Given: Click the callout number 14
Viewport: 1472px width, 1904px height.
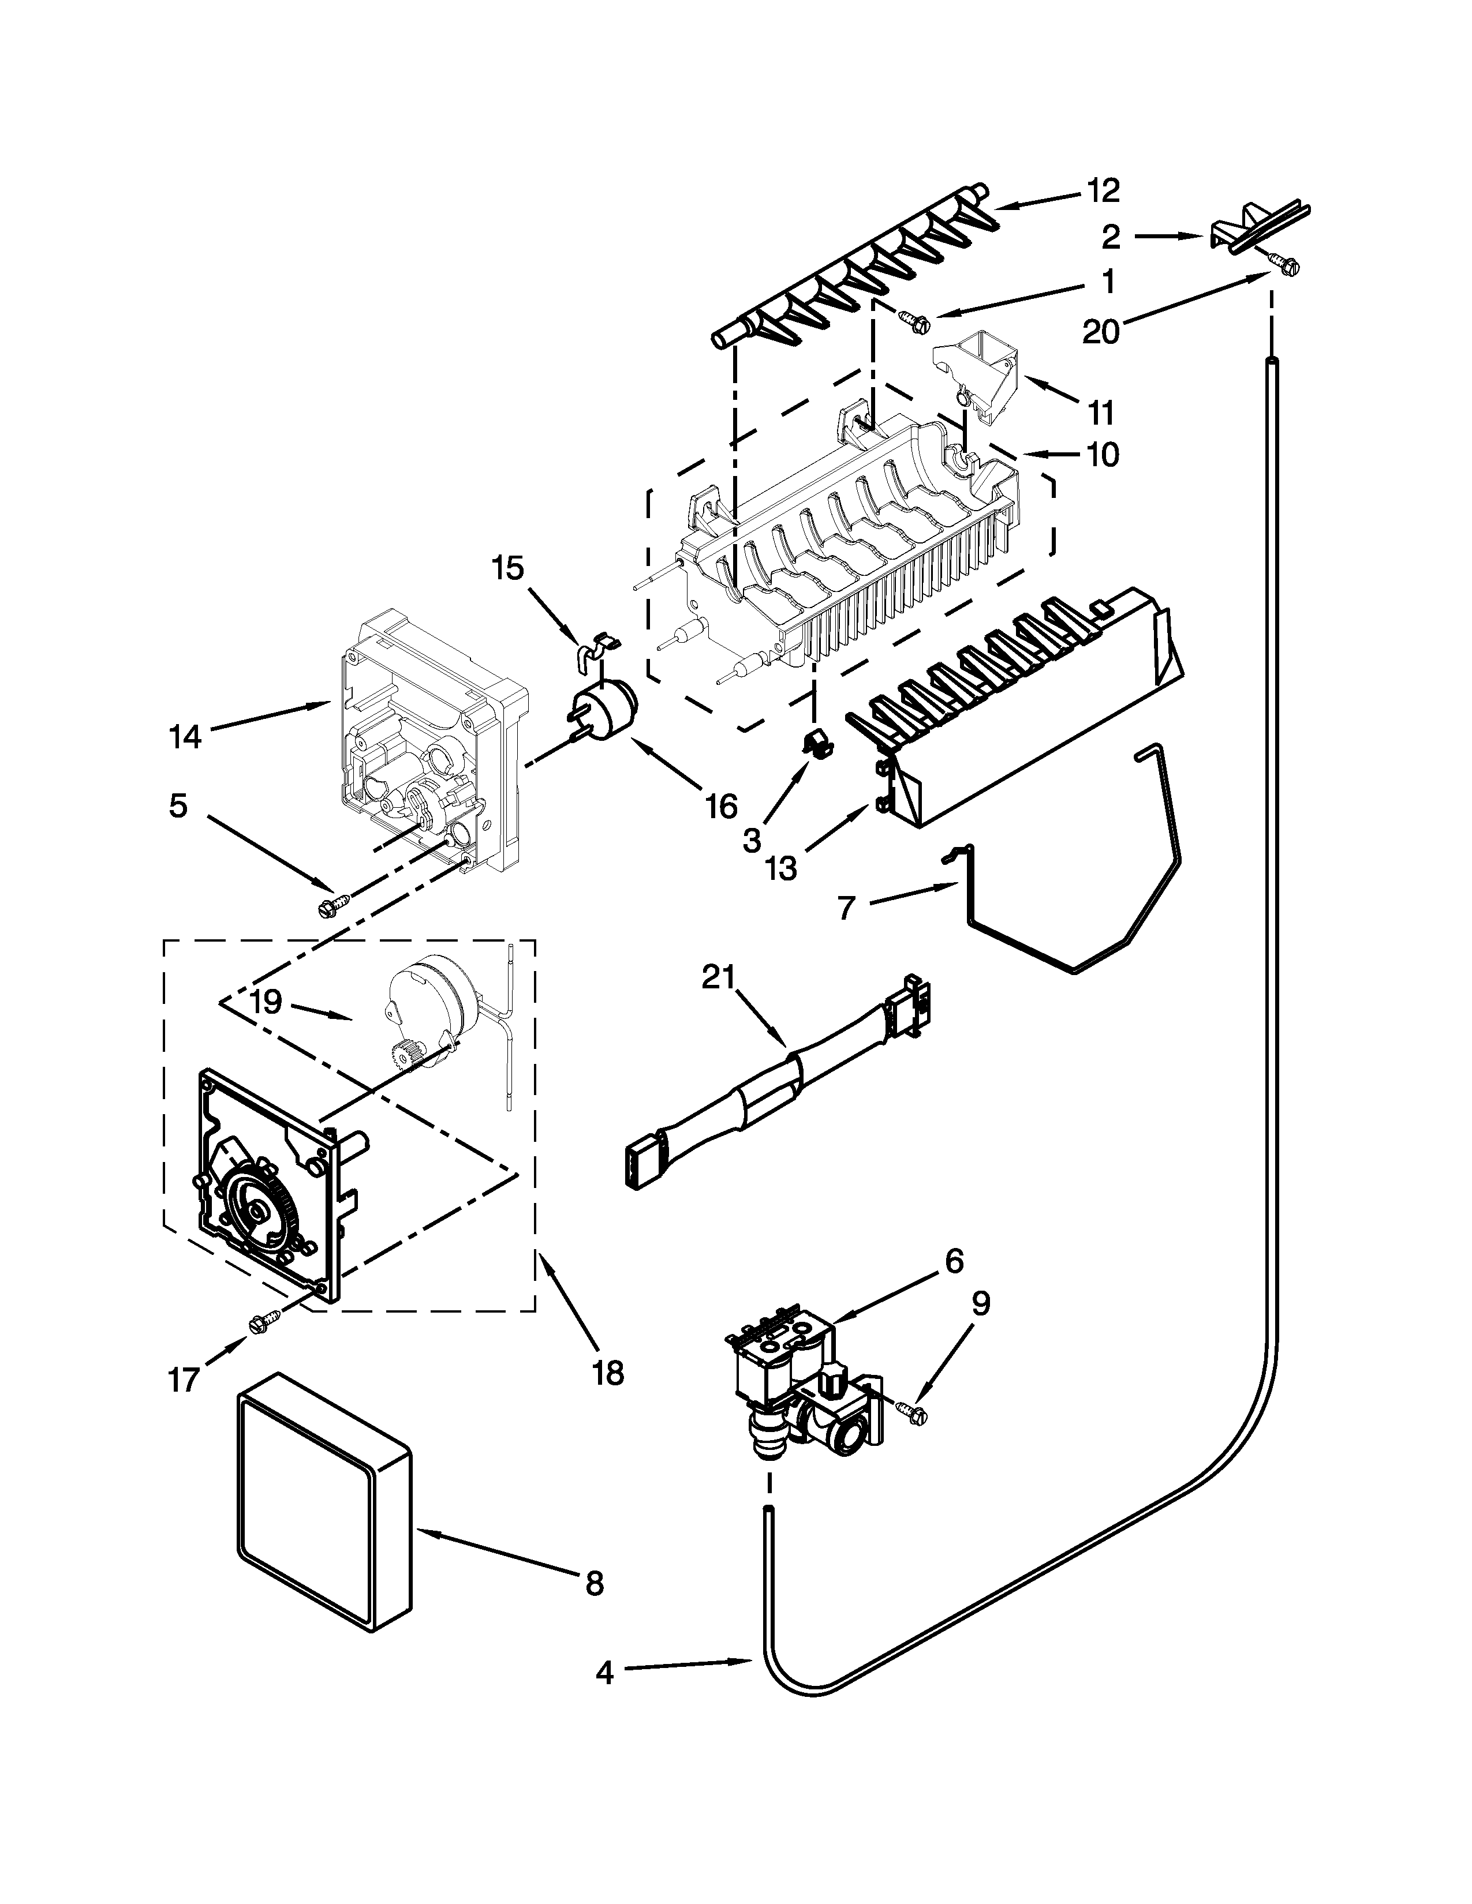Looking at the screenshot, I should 185,737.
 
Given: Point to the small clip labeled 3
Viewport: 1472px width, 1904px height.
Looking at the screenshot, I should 815,744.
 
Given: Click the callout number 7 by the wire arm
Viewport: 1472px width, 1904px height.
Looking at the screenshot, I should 846,908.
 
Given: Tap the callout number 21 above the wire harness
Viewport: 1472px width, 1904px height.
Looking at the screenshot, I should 719,977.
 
